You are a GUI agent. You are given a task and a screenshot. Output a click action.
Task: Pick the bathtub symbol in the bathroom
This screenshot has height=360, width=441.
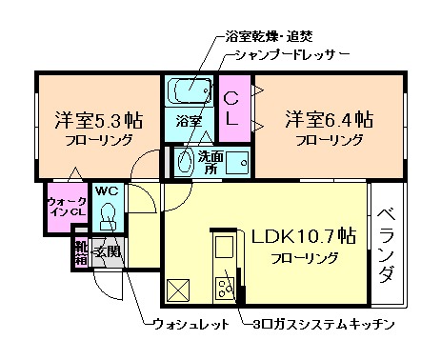click(x=189, y=91)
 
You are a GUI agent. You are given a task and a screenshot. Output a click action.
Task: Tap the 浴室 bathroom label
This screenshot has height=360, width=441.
click(x=188, y=121)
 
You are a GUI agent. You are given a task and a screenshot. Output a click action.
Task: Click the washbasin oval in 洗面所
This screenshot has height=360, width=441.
click(x=184, y=162)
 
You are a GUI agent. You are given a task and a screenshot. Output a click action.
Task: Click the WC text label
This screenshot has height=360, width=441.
click(x=107, y=189)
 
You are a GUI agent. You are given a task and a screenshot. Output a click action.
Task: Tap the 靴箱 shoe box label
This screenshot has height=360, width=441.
click(x=80, y=252)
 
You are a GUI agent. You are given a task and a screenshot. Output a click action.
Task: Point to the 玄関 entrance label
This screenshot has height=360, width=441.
click(x=108, y=252)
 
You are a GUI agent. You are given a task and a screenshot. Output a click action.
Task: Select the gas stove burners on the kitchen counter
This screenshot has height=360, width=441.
click(x=228, y=285)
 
